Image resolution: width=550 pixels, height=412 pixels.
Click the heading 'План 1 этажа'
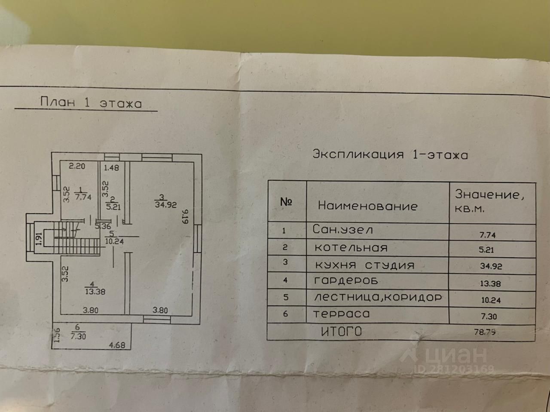(91, 102)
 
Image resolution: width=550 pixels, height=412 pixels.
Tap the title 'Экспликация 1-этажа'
(390, 154)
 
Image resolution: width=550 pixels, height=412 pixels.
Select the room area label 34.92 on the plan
(165, 205)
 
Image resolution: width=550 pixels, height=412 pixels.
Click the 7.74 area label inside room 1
(83, 197)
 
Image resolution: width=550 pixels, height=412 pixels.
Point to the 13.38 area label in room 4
(95, 292)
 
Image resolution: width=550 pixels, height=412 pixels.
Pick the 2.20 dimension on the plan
(77, 166)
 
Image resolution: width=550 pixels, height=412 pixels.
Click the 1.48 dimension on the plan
(111, 167)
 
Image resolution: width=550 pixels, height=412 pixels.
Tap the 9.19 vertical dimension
(186, 217)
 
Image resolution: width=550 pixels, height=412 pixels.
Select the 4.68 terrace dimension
(117, 345)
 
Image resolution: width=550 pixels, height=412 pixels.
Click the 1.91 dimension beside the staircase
(38, 239)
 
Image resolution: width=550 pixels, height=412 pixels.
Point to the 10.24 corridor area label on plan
(114, 241)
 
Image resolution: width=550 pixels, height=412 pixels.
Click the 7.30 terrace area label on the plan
(79, 336)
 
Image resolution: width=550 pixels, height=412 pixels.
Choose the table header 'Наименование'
(368, 206)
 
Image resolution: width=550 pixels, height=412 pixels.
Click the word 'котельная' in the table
(351, 248)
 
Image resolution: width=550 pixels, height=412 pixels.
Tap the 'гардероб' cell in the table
(346, 281)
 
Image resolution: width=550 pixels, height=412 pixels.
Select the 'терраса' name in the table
(341, 314)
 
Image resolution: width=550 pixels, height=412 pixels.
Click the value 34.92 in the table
(491, 266)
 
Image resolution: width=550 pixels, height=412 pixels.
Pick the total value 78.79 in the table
(485, 332)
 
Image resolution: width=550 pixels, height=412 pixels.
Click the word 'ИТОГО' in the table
(342, 332)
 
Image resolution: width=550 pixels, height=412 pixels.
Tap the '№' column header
(287, 202)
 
